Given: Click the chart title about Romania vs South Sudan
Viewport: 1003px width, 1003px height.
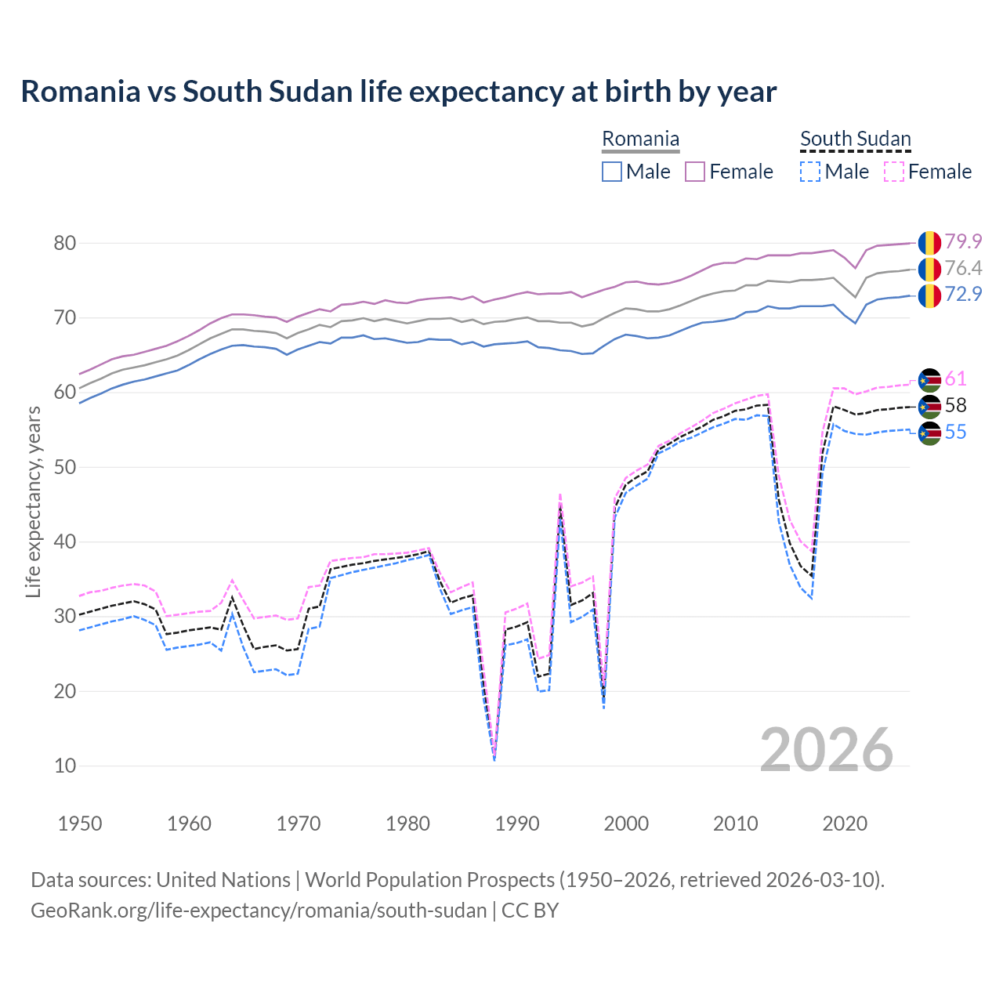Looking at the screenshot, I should (398, 92).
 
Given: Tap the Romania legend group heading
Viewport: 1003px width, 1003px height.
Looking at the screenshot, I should (640, 139).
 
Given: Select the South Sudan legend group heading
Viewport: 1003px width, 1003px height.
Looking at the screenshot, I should (855, 139).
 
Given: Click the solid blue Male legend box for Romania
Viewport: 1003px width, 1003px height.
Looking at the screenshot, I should (612, 172).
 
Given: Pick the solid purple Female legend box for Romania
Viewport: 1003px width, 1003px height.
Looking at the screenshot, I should (695, 172).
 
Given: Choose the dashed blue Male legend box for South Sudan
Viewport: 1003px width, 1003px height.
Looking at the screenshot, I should (810, 172).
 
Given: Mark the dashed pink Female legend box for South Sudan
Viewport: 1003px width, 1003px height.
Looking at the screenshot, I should (893, 172).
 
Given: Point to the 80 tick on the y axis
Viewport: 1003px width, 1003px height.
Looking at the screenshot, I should (64, 243).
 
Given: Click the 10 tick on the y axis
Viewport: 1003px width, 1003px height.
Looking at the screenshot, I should (64, 766).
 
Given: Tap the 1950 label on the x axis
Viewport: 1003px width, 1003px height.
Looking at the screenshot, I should (80, 824).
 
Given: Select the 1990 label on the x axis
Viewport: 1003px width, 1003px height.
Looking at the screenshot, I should (517, 824).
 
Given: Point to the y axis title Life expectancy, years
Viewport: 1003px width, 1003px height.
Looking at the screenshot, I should (33, 501).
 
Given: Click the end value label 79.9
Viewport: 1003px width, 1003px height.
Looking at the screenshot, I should (963, 242).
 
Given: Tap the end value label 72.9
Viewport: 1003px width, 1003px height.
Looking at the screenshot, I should (963, 295).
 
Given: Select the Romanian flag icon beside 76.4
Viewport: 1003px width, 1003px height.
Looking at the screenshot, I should (929, 269).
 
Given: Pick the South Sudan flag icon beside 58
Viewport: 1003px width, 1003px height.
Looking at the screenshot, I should (929, 406).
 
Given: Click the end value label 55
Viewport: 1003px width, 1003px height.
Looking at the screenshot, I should (955, 433).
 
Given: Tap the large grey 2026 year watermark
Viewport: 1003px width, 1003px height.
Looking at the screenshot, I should (827, 750).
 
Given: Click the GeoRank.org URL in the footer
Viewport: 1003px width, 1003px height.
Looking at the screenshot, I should (259, 911).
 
